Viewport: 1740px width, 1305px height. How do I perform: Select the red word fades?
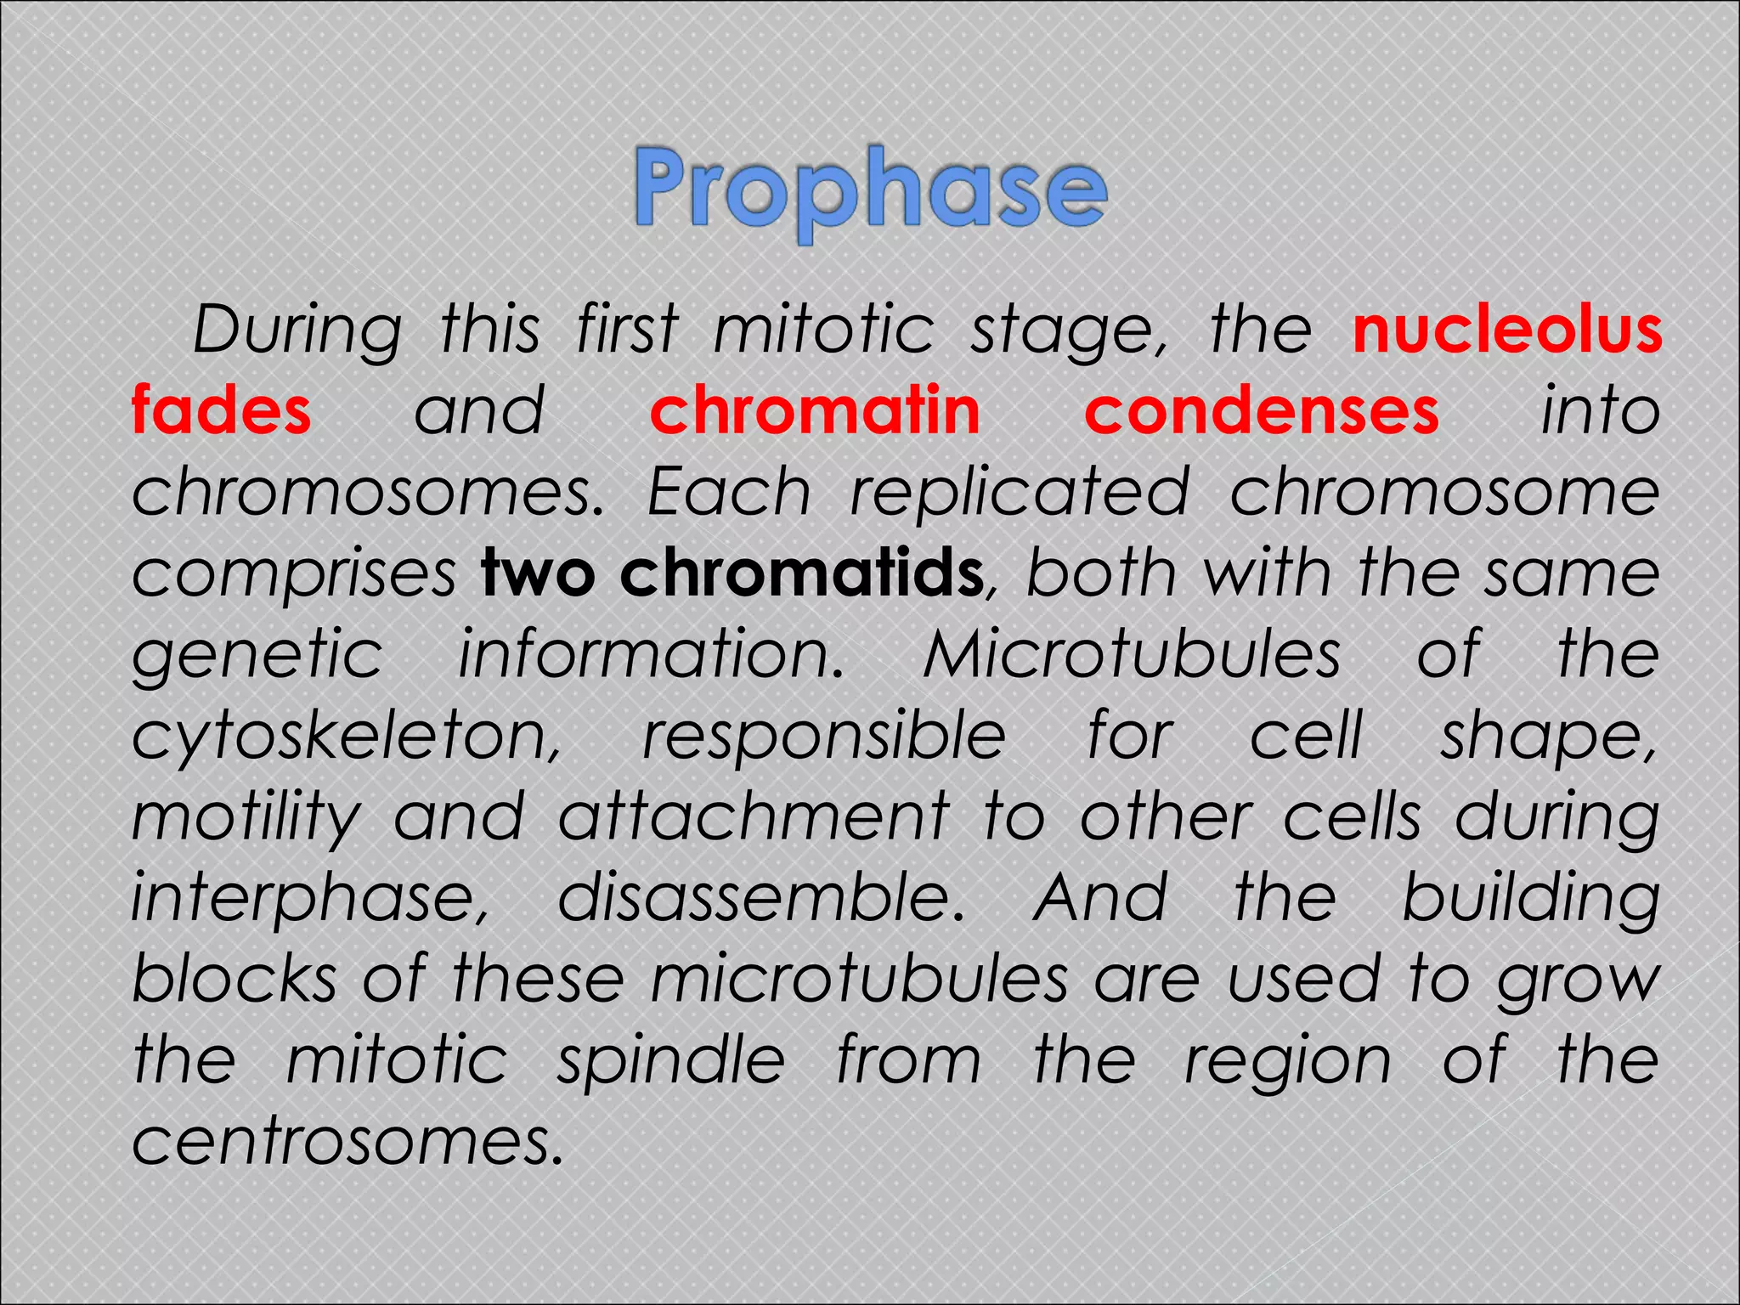pyautogui.click(x=222, y=411)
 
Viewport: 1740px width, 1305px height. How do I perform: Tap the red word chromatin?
pyautogui.click(x=815, y=411)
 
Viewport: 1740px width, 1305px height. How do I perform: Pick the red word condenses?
pyautogui.click(x=1262, y=411)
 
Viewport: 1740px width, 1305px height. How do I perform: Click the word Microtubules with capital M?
pyautogui.click(x=1132, y=654)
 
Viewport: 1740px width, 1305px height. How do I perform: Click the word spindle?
pyautogui.click(x=671, y=1062)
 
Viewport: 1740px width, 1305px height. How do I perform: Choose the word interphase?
pyautogui.click(x=311, y=899)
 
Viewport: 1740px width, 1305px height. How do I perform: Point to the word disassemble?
pyautogui.click(x=761, y=897)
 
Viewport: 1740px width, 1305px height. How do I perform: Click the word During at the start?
pyautogui.click(x=297, y=331)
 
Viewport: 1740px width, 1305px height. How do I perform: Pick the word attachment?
pyautogui.click(x=753, y=817)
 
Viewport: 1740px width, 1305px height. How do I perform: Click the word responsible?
pyautogui.click(x=824, y=736)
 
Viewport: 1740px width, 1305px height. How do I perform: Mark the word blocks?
pyautogui.click(x=234, y=979)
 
